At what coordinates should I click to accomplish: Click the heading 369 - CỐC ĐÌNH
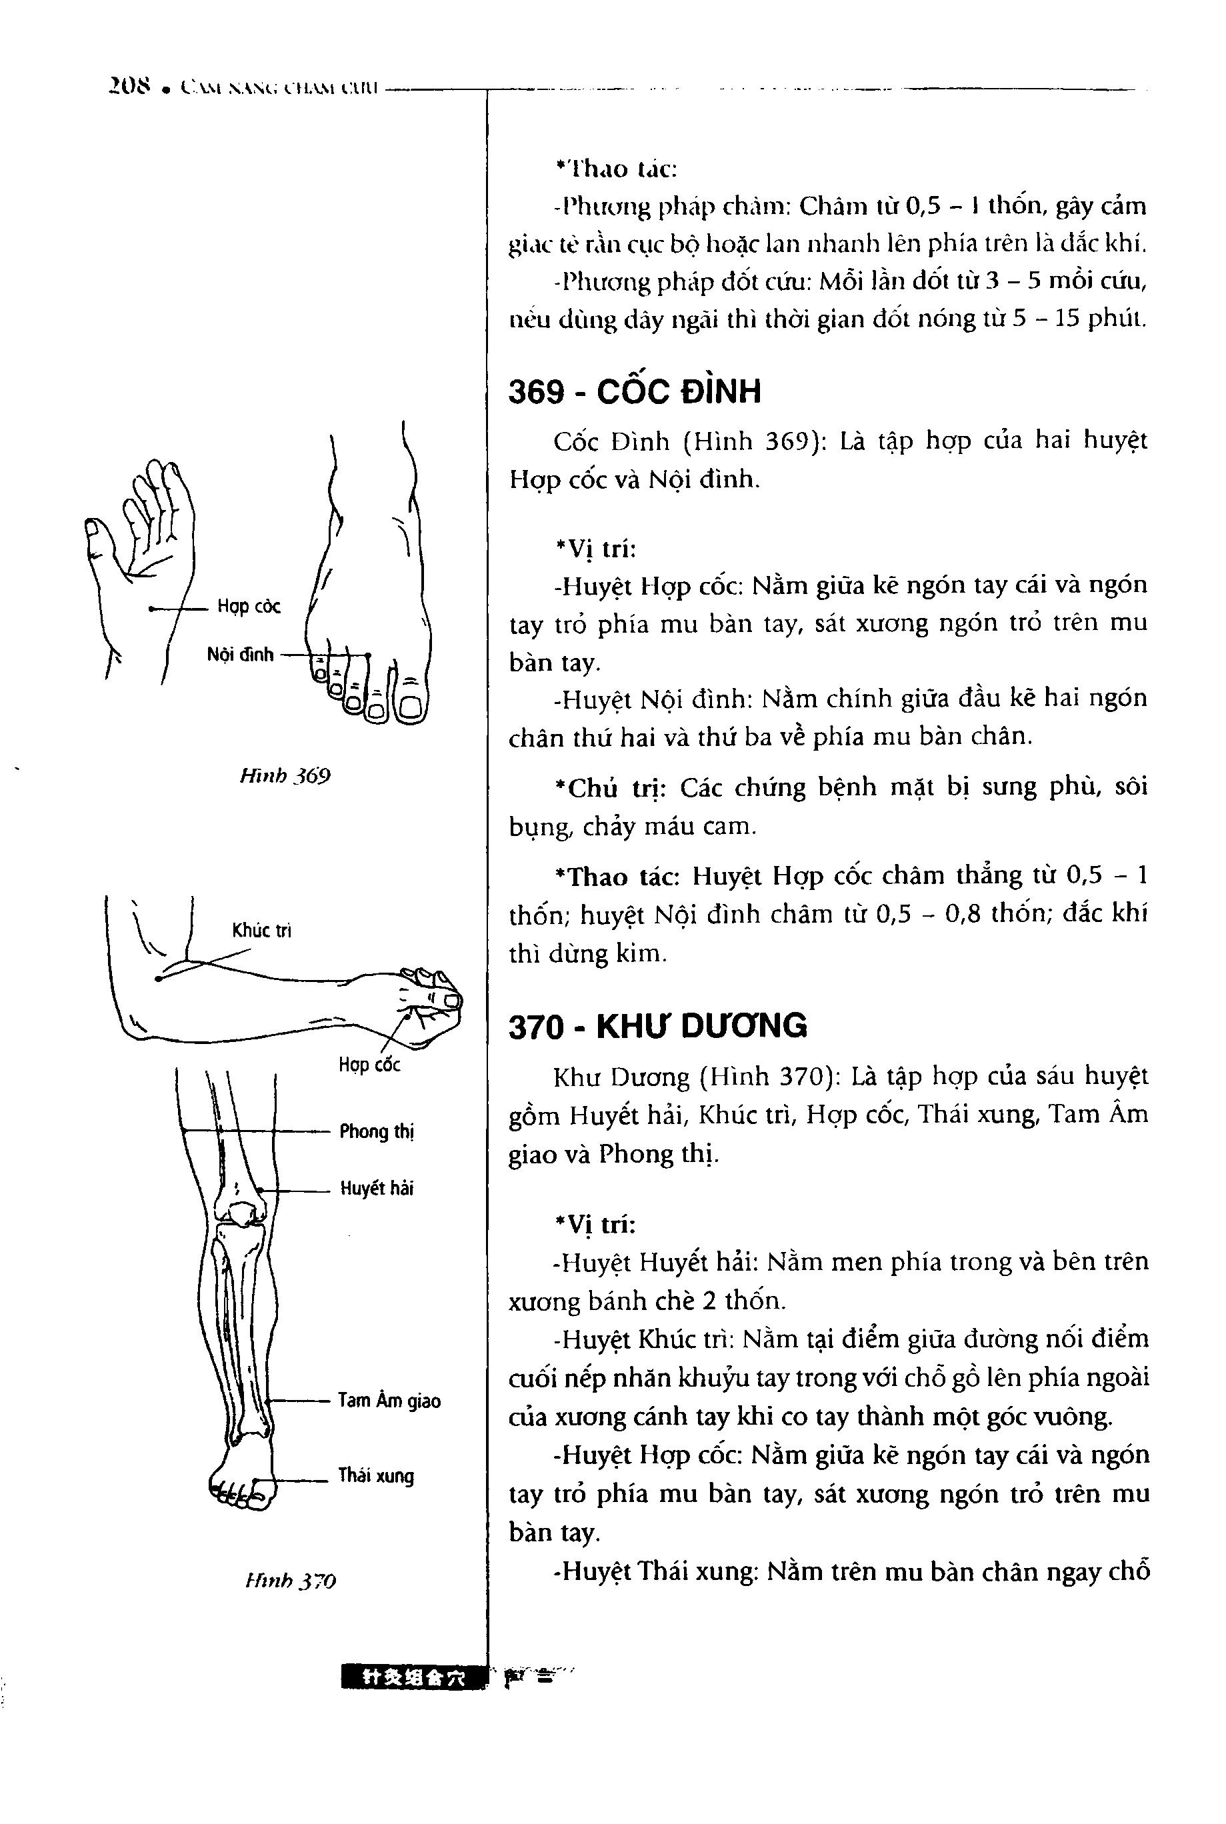tap(634, 391)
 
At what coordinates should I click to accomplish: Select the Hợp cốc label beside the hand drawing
tap(249, 607)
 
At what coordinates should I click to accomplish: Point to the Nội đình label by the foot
tap(240, 655)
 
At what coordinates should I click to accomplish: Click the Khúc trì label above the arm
tap(261, 931)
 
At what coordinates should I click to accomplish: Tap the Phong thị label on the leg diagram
tap(376, 1131)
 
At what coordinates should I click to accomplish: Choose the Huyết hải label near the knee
tap(376, 1189)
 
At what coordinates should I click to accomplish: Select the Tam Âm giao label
tap(389, 1400)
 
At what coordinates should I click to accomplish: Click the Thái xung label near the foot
tap(375, 1476)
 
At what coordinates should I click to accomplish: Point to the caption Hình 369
tap(285, 777)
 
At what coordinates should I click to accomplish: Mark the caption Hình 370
tap(289, 1581)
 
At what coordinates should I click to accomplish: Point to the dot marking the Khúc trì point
tap(158, 978)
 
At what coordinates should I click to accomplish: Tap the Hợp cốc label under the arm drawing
tap(369, 1065)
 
